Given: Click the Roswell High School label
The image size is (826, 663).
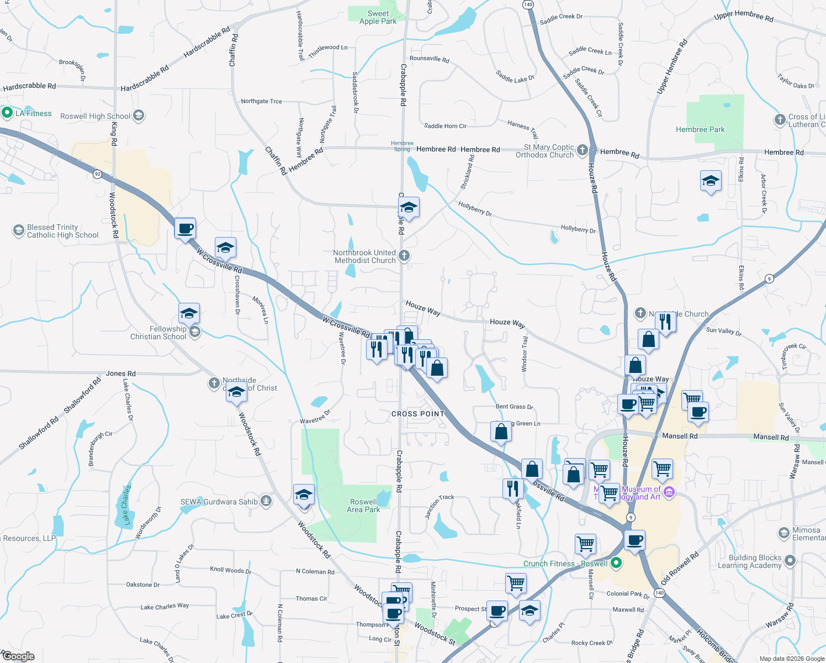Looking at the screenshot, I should tap(95, 116).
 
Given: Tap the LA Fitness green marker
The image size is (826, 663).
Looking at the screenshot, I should tap(7, 113).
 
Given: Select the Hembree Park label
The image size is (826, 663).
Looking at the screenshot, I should tap(700, 129).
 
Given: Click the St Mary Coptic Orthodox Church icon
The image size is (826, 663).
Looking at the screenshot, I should tap(583, 150).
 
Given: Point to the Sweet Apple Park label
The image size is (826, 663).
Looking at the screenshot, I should tap(378, 17).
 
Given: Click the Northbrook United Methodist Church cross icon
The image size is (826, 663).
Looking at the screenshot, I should tap(404, 256).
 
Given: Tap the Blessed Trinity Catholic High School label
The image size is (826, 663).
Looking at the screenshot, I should tap(62, 231).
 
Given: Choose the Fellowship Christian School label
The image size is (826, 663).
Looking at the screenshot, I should tap(158, 333).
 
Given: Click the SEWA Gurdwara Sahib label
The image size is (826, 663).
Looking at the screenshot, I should tap(219, 502).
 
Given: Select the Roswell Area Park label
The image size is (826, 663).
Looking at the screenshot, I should tap(363, 506).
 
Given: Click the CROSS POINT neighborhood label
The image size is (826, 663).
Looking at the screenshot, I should tap(418, 414).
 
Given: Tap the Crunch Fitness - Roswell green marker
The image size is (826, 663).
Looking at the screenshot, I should tap(616, 563).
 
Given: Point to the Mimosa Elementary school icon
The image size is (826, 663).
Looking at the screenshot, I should tap(783, 533).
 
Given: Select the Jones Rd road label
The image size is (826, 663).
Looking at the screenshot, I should tap(120, 373).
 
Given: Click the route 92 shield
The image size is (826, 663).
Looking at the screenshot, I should tap(98, 174).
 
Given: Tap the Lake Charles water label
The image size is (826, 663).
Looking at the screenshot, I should tap(126, 505).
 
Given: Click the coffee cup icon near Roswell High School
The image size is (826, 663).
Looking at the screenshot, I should tap(186, 228).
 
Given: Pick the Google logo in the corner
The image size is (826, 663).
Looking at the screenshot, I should tap(18, 656).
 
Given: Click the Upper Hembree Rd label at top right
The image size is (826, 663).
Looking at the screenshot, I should tap(743, 15).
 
